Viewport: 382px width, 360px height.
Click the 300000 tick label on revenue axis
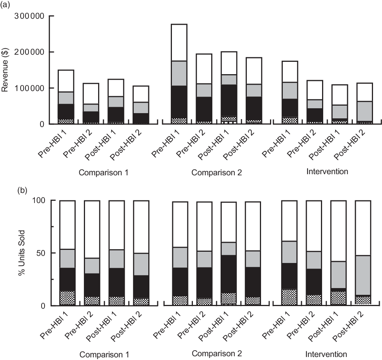tap(29, 16)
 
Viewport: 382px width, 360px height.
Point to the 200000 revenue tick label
tap(29, 52)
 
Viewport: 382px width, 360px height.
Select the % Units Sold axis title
tap(22, 253)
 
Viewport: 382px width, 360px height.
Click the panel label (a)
tap(6, 4)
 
